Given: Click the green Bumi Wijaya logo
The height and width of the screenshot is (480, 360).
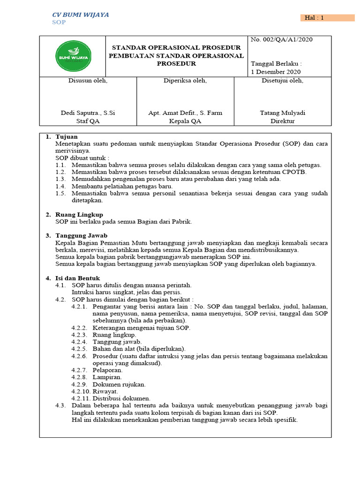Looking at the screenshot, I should point(73,56).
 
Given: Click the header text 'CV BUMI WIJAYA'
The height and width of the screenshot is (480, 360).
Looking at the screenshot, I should point(80,15).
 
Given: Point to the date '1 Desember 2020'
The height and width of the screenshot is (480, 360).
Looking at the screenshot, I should point(276,72).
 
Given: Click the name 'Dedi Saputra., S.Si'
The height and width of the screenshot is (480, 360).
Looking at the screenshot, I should point(88,112).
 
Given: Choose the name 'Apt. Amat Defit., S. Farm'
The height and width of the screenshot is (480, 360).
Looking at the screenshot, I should point(185,112).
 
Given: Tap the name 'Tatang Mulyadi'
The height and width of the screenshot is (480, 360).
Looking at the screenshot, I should point(282,112).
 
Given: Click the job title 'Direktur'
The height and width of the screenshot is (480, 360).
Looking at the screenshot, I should point(282,121).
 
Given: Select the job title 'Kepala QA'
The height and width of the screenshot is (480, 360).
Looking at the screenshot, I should point(185,121).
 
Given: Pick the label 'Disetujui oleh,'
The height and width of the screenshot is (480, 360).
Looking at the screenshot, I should point(282,81).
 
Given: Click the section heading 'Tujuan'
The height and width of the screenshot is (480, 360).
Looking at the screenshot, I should point(67,136).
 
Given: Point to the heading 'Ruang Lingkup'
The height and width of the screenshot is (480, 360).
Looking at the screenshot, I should point(79,214).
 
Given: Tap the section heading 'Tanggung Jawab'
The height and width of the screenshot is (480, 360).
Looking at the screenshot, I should point(81,235).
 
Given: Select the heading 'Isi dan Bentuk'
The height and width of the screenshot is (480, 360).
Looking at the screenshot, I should point(77,278).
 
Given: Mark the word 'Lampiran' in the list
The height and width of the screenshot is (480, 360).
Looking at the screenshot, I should point(107,376).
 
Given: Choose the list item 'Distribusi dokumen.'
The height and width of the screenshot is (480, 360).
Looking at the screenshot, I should point(121,398).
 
